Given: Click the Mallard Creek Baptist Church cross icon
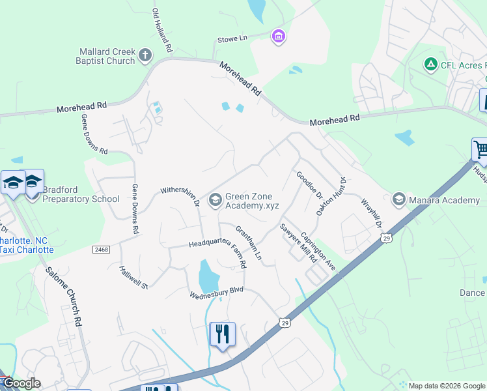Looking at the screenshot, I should [x=145, y=56].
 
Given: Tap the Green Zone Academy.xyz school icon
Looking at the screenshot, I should [x=215, y=200].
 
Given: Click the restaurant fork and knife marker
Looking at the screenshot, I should [x=223, y=334].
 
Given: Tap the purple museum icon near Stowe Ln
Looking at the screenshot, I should [x=278, y=35].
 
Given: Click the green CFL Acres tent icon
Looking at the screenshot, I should [x=430, y=65].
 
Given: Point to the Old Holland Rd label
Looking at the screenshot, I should [x=162, y=31].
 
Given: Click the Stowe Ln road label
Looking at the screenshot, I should [x=232, y=39].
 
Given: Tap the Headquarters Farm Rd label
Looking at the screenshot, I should [x=218, y=246].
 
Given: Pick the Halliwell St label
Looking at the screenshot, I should [x=135, y=278].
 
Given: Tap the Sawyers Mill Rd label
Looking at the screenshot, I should [x=298, y=242].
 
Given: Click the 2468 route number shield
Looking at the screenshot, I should [x=101, y=250].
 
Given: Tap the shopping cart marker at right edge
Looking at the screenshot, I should [x=480, y=150].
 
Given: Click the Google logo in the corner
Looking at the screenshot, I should [x=21, y=383].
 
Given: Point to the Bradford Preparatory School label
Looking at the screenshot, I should [x=81, y=194].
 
